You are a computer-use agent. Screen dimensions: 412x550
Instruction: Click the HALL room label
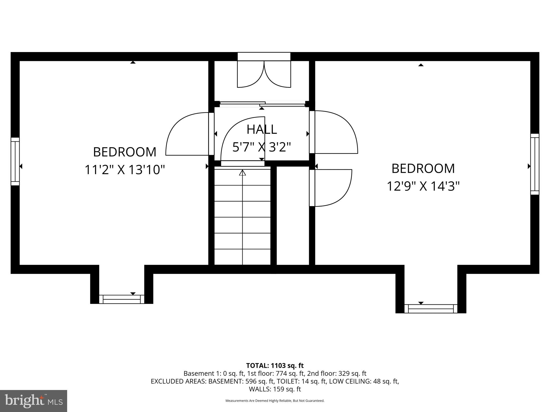tap(262, 130)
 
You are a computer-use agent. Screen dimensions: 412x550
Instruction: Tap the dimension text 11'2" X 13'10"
tap(125, 170)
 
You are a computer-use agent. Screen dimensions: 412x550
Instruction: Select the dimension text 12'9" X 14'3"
tap(423, 186)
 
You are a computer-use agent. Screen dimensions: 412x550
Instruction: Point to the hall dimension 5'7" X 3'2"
tap(262, 147)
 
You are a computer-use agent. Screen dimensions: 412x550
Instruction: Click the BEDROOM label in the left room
tap(125, 152)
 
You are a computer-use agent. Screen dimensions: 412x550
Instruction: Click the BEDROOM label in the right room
tap(423, 168)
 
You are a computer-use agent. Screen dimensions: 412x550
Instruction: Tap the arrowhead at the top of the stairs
tap(243, 173)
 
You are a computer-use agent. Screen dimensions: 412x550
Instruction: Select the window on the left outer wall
tap(15, 161)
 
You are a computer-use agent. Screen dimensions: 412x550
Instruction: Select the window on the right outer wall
tap(535, 164)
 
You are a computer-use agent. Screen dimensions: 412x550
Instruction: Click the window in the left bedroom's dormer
tap(122, 299)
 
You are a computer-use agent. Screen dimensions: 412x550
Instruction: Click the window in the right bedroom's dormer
tap(431, 309)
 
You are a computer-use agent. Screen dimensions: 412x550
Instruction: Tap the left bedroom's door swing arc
tap(185, 134)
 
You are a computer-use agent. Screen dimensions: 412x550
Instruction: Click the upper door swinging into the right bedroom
tap(336, 132)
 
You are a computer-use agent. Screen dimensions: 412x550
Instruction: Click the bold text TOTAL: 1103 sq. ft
tap(275, 366)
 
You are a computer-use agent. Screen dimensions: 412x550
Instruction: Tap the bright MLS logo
tap(33, 401)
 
